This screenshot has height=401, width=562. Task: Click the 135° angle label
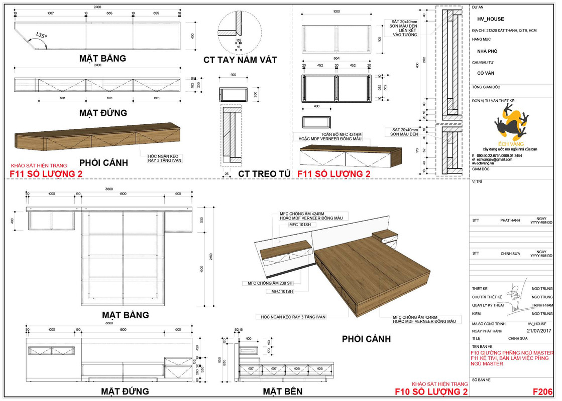pos(41,36)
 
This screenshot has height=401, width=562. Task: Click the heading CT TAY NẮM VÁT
pos(240,60)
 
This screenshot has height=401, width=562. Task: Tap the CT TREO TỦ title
pos(264,174)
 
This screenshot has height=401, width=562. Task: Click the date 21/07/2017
pos(539,331)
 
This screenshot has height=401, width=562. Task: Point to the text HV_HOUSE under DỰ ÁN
pos(491,19)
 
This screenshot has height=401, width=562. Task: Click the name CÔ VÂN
pos(484,73)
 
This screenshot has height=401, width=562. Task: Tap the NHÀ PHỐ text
pos(487,51)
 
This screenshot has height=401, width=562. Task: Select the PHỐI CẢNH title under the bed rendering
pos(366,339)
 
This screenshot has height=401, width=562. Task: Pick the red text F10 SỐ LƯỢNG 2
pos(431,392)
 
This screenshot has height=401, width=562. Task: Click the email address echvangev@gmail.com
pos(495,159)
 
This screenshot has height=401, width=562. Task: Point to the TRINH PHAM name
pos(542,305)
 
